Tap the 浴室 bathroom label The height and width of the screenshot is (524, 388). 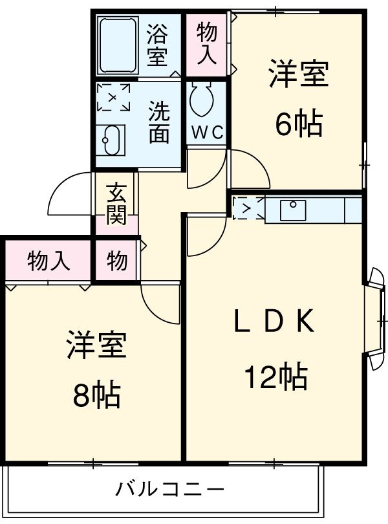click(156, 45)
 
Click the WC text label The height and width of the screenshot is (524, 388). click(207, 133)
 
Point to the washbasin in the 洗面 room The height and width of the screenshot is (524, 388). click(111, 138)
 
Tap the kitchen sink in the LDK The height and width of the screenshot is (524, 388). click(294, 209)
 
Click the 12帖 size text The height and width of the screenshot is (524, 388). click(274, 377)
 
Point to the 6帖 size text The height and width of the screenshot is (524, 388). click(298, 124)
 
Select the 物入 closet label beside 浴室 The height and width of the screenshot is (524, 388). click(207, 43)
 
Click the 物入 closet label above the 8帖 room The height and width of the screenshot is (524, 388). click(48, 261)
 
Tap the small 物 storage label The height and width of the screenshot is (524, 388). click(116, 261)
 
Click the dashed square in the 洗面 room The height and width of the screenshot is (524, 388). click(113, 98)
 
